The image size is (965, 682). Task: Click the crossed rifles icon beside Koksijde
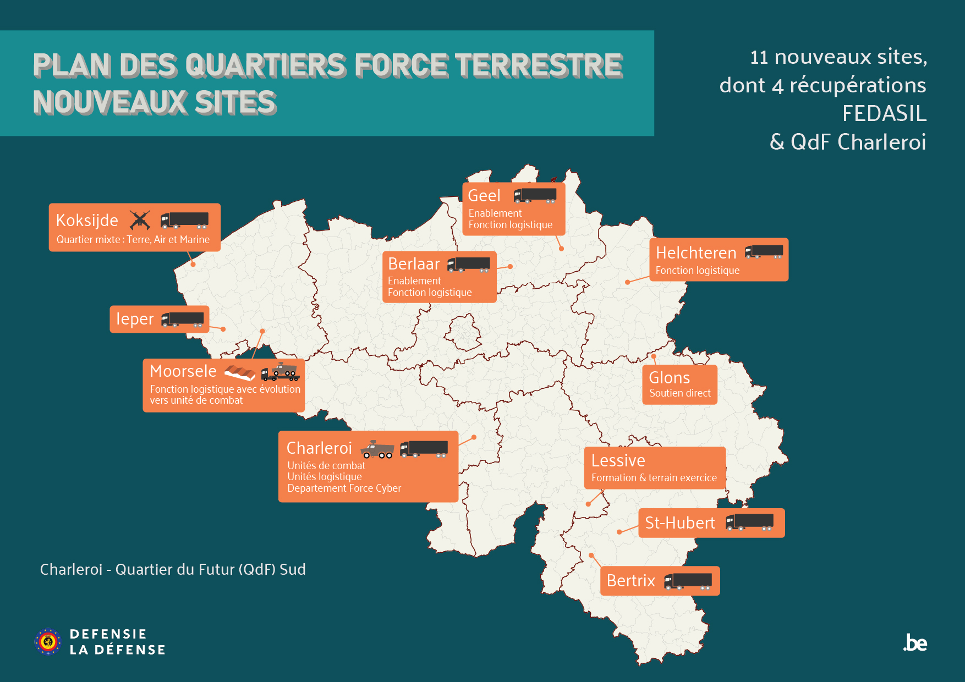140,220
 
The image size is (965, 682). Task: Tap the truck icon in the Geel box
535,195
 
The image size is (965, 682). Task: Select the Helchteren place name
696,253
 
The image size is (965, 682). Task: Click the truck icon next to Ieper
183,320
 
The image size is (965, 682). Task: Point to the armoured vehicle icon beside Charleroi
377,449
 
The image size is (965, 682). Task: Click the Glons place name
669,378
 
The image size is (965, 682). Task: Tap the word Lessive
618,460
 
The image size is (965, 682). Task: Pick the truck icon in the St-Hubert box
749,522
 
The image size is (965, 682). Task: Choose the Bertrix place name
630,581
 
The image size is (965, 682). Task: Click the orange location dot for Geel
561,249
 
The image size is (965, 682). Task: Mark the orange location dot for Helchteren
627,282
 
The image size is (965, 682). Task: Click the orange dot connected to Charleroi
474,437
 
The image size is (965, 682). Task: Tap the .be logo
915,643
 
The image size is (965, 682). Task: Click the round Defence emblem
48,641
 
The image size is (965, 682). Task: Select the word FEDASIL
884,114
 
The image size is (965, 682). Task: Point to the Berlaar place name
414,264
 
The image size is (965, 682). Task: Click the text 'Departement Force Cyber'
344,488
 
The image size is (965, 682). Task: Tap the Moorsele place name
183,371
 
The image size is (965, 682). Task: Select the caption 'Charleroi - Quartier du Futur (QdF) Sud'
173,569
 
